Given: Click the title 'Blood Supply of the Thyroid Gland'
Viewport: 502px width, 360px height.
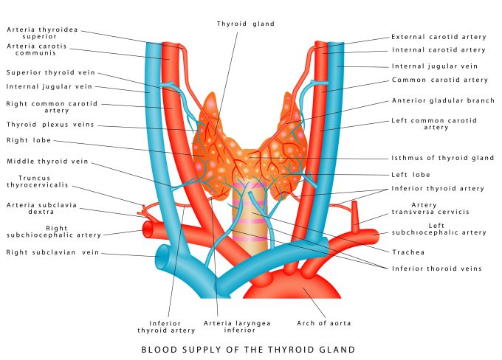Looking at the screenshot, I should point(247,349).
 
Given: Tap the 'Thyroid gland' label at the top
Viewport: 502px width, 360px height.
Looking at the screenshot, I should point(246,24).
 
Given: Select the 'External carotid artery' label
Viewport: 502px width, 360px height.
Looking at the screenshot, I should point(438,36).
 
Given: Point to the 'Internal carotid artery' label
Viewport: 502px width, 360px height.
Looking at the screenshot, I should point(438,50).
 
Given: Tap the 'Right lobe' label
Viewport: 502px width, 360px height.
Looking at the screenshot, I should point(28,139).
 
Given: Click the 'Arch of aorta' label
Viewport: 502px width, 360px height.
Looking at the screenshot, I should point(323,323).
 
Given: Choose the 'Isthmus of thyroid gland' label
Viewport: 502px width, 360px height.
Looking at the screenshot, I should point(442,158).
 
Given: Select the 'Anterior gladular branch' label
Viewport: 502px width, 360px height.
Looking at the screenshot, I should point(442,100).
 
